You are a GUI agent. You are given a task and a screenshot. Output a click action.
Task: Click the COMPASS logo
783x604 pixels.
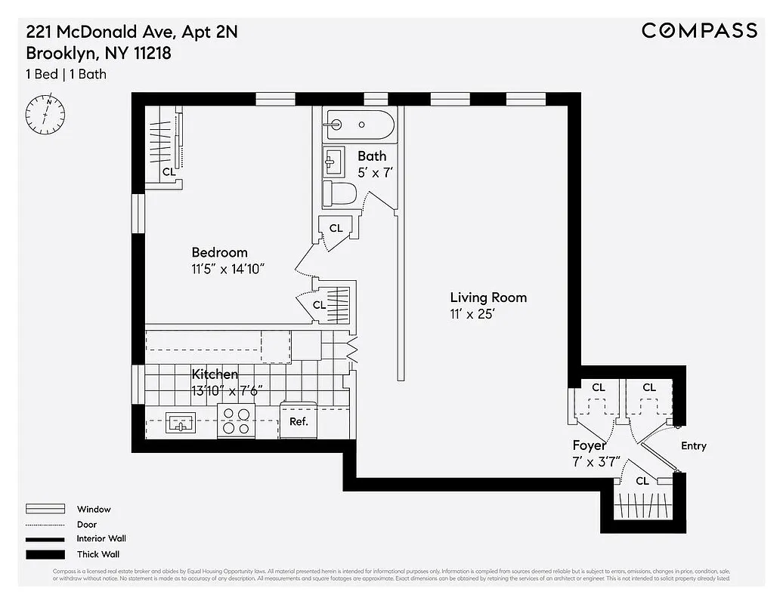(x=699, y=30)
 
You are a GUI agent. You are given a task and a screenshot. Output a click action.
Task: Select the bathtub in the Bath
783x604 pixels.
(x=359, y=125)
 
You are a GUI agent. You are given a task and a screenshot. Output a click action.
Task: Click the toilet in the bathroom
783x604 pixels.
(x=339, y=194)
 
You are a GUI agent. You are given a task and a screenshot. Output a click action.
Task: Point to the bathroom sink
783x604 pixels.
(x=334, y=161)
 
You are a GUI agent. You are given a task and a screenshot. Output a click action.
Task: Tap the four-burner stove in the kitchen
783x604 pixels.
(x=237, y=421)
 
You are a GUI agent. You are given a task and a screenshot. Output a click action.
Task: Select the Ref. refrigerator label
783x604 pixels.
(x=299, y=422)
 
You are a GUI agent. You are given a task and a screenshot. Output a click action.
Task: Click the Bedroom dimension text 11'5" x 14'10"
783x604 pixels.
(x=227, y=269)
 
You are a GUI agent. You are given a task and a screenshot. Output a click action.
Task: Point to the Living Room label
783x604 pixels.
(x=488, y=297)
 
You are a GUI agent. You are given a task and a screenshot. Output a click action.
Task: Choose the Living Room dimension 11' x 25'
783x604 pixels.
(x=472, y=314)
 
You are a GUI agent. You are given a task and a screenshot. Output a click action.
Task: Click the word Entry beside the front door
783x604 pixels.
(x=693, y=446)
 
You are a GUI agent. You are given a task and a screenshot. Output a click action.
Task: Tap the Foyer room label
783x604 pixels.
(x=589, y=445)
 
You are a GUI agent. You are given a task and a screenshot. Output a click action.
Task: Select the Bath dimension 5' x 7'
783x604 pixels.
(x=376, y=172)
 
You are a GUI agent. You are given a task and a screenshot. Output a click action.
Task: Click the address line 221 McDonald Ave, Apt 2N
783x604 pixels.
(x=132, y=32)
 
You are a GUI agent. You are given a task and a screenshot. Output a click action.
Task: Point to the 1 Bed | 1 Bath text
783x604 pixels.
(x=67, y=74)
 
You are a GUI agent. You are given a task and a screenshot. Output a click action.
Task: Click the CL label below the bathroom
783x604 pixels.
(x=336, y=228)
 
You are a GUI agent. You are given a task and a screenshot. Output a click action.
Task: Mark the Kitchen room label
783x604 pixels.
(x=215, y=374)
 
